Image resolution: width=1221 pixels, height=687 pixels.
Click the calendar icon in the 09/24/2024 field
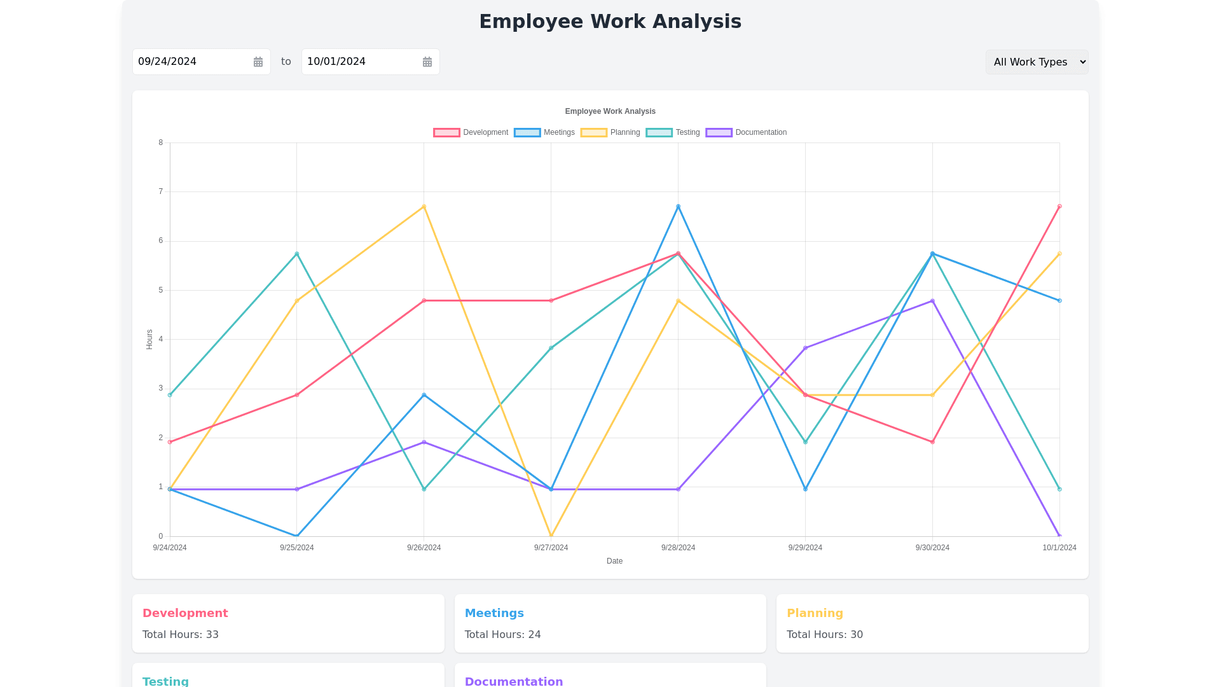258,62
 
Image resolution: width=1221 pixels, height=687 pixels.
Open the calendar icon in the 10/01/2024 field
427,62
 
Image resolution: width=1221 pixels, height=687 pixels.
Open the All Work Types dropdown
1037,62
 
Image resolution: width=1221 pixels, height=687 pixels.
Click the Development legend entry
471,132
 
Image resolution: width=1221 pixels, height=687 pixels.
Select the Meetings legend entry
544,132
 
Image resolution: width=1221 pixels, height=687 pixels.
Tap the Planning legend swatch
593,132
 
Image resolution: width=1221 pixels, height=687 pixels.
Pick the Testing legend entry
673,132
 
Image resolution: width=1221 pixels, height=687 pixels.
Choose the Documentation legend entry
746,132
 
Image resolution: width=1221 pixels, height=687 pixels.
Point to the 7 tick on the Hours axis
161,191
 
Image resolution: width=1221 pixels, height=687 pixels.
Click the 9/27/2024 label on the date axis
551,548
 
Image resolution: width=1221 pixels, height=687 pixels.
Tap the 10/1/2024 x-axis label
1059,548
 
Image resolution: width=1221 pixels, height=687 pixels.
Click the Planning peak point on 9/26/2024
424,207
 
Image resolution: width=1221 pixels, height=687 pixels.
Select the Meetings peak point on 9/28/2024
679,207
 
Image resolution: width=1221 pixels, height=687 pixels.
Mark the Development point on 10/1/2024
1059,207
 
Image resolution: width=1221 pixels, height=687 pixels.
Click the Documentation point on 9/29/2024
805,348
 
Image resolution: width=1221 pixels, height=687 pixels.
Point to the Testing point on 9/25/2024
297,254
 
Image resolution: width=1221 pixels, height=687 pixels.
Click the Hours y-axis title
149,339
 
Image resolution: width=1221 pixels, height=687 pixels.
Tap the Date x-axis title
614,561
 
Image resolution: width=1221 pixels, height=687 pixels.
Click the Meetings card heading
494,613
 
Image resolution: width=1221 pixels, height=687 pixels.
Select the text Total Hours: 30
825,634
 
